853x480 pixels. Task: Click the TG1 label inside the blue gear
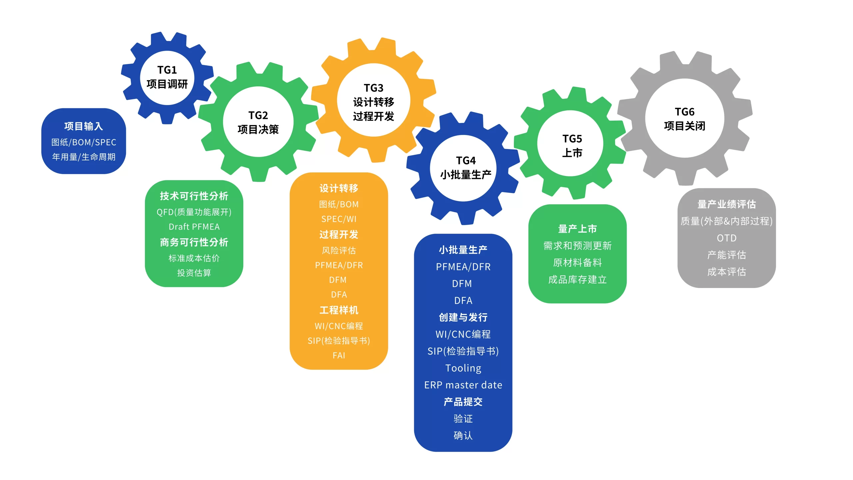click(x=167, y=70)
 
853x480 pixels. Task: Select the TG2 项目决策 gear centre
click(x=258, y=122)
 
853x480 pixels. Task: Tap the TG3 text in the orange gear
click(x=374, y=88)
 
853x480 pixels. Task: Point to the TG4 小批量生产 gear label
click(x=465, y=167)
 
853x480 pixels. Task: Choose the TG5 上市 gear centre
click(x=572, y=146)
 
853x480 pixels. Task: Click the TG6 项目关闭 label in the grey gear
click(x=684, y=119)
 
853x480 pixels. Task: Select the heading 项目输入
click(x=84, y=126)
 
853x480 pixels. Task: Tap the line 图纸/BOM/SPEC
click(x=84, y=142)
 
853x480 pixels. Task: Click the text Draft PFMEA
click(x=194, y=227)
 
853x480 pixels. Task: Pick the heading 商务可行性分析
click(x=194, y=242)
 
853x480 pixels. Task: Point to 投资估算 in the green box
click(x=194, y=273)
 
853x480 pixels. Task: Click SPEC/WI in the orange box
click(x=339, y=219)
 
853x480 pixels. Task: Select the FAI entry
click(x=339, y=355)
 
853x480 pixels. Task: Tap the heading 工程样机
click(x=339, y=310)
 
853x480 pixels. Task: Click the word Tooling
click(x=463, y=368)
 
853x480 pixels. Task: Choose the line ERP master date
click(x=463, y=385)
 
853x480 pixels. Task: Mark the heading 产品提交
click(x=463, y=402)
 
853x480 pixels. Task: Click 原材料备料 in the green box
click(x=577, y=263)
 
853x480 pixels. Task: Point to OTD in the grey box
click(x=726, y=238)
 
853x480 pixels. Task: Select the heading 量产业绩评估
click(x=726, y=204)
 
